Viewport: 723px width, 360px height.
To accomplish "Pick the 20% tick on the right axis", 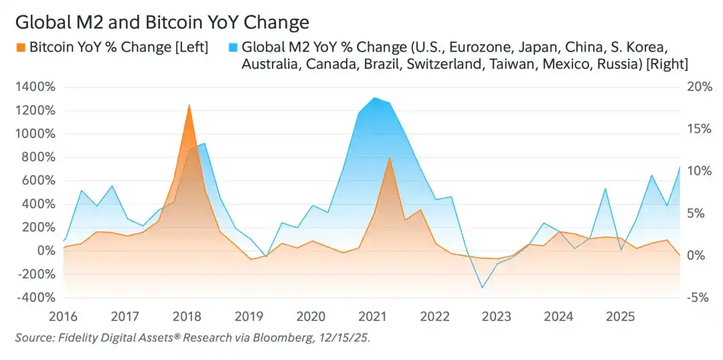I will point(698,86).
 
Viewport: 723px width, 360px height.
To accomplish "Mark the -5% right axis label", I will point(698,297).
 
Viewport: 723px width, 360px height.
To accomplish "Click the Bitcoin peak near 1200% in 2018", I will point(189,105).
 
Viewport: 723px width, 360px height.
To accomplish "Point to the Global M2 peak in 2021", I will point(374,98).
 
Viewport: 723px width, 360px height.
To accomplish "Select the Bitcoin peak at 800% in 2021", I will point(389,157).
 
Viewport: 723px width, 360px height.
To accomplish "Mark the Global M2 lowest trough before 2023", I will point(481,288).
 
